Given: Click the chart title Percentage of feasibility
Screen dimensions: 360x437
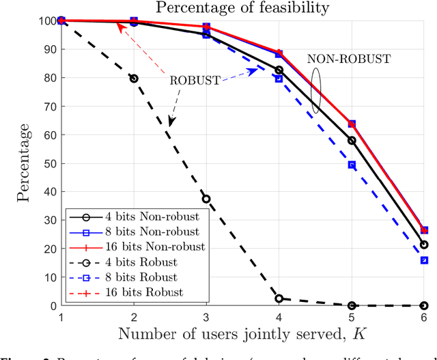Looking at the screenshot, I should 243,8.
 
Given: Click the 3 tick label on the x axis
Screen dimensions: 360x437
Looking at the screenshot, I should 206,317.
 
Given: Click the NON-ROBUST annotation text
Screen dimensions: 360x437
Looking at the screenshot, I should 348,59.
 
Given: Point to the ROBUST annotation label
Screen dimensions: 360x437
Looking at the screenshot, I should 195,80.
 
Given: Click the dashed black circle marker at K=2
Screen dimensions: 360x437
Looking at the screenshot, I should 134,79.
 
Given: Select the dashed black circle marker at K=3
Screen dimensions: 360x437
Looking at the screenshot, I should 206,199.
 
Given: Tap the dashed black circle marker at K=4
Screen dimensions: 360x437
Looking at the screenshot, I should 279,299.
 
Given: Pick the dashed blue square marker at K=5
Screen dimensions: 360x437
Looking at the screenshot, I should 352,165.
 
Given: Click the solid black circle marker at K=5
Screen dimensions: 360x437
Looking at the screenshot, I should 352,141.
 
